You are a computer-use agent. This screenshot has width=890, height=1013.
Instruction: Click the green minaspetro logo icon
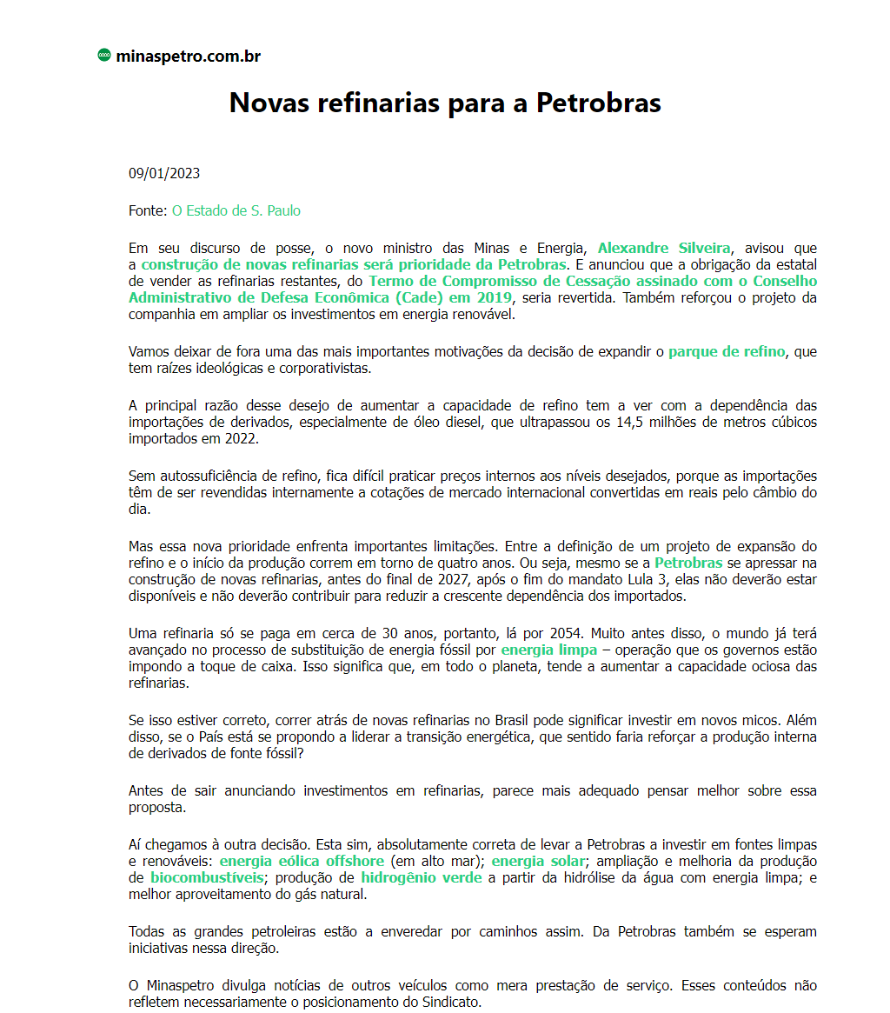click(104, 57)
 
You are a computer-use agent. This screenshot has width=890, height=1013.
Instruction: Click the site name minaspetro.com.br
click(188, 57)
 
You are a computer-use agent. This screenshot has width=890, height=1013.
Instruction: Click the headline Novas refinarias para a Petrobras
click(445, 103)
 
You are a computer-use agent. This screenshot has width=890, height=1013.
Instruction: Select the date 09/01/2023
click(164, 173)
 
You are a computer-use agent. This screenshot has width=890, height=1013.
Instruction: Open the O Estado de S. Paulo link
click(236, 210)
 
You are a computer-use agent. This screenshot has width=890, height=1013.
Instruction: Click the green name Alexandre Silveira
click(664, 248)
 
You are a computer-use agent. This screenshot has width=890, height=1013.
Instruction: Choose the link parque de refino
click(727, 351)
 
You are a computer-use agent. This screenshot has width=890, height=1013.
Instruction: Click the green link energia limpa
click(549, 650)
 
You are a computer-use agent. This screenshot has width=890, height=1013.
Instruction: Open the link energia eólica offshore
click(302, 861)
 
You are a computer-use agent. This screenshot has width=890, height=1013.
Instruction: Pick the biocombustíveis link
click(207, 877)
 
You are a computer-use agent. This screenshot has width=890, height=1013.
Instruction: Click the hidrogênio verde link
click(422, 877)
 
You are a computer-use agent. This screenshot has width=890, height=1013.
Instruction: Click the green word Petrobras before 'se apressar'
click(688, 563)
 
